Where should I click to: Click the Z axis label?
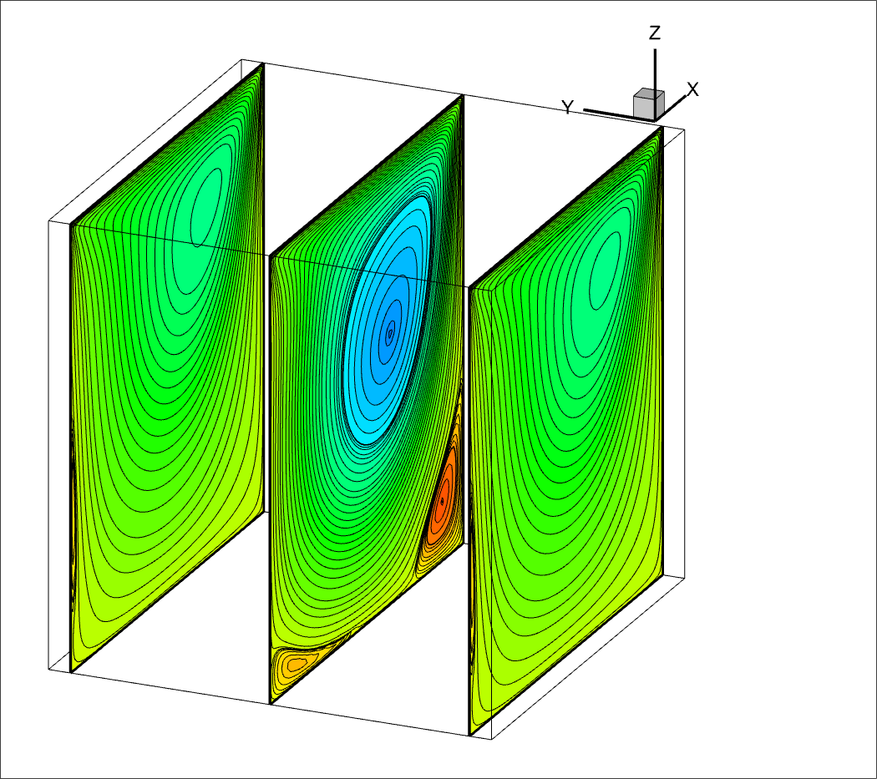click(x=655, y=33)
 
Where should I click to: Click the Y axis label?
click(x=568, y=107)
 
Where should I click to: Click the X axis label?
click(x=693, y=89)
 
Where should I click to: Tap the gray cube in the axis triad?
click(x=649, y=104)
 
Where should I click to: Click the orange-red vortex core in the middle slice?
click(x=442, y=499)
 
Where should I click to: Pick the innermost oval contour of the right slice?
click(x=606, y=271)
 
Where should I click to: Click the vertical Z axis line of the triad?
click(x=655, y=84)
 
